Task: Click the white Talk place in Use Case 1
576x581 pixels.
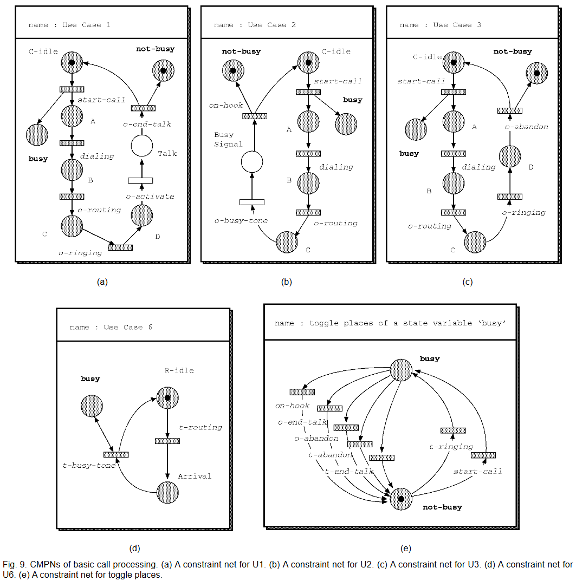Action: pos(141,146)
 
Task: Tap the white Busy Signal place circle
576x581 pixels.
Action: pos(251,161)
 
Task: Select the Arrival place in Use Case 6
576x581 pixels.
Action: pos(167,492)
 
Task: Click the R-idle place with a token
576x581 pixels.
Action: pos(167,399)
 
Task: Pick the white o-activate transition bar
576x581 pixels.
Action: pos(140,180)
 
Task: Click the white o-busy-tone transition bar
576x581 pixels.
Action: pos(251,202)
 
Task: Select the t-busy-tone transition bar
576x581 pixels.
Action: pos(116,454)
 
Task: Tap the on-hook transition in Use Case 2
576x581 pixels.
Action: pos(251,115)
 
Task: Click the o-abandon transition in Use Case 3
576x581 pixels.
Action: pos(509,110)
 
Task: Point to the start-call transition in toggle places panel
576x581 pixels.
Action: pos(487,455)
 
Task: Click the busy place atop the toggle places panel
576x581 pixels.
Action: pos(402,370)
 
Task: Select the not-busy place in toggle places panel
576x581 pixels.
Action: pos(401,498)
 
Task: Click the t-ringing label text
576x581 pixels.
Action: pos(451,447)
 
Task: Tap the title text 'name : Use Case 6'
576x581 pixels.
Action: pos(111,328)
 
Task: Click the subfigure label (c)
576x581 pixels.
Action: pos(467,282)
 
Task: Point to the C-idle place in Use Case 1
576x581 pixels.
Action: pos(72,63)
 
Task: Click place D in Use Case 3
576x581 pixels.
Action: pos(509,156)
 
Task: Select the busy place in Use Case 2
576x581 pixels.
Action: pos(346,124)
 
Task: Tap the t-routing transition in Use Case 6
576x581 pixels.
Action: pos(167,441)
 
